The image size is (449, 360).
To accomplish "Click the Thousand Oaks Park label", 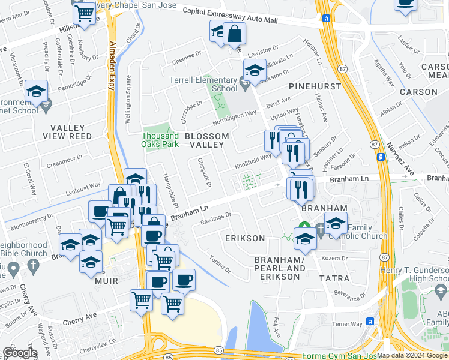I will [160, 140].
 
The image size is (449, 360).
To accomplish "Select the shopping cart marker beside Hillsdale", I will [84, 11].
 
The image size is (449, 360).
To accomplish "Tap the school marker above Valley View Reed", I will [36, 92].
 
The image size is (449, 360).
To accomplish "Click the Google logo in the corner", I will [20, 353].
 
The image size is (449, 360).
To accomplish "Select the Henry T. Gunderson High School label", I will [414, 274].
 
